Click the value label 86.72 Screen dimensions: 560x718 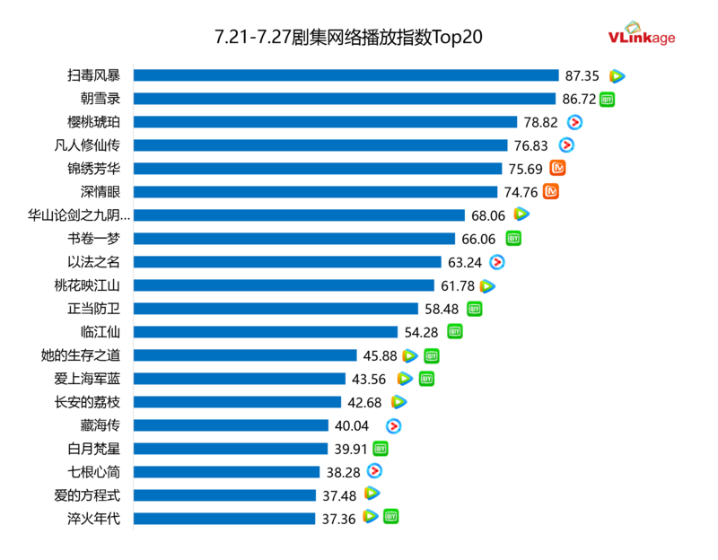point(579,99)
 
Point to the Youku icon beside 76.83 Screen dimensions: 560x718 point(566,145)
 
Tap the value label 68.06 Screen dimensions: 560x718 point(488,215)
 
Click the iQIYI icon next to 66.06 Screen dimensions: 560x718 point(513,239)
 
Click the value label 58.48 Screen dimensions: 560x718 point(442,309)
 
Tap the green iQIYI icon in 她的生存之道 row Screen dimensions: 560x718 point(432,355)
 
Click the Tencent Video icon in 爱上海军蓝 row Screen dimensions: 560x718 point(406,379)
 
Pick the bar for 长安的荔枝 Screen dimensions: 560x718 point(237,402)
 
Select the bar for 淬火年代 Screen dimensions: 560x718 point(224,519)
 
